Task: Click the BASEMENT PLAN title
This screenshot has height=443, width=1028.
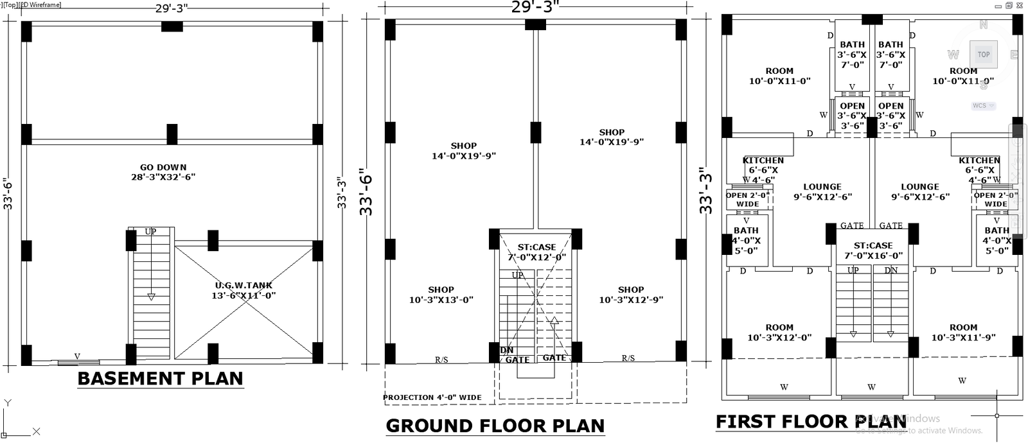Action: (x=160, y=378)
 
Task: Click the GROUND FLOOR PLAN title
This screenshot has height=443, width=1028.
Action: (x=495, y=426)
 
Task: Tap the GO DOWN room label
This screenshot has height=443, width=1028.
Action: (x=163, y=172)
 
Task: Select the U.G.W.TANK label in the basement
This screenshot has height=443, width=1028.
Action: (x=244, y=290)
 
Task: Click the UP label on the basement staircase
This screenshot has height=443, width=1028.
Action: (x=150, y=232)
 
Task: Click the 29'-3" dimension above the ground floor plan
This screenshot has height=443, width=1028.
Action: (x=535, y=7)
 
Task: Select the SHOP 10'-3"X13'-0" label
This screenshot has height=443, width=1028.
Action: (x=441, y=295)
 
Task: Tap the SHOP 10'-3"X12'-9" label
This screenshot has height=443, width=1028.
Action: (x=631, y=295)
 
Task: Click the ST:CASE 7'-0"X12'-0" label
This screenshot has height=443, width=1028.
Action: (x=536, y=252)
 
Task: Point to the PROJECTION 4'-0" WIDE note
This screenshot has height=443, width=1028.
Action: (x=432, y=397)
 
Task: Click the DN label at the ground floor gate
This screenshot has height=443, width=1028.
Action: (x=506, y=351)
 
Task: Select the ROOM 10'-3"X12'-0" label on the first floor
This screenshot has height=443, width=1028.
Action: (x=779, y=332)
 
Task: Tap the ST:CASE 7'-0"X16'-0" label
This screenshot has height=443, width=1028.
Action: (x=873, y=250)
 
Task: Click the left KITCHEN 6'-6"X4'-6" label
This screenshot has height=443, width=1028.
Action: (x=763, y=170)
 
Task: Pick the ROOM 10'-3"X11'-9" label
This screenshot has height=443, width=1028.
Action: (x=963, y=332)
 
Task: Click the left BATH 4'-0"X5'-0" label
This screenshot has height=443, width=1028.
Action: (x=746, y=240)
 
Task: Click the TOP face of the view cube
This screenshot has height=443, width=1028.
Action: (x=984, y=55)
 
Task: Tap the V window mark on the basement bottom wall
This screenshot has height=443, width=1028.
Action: (x=77, y=356)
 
